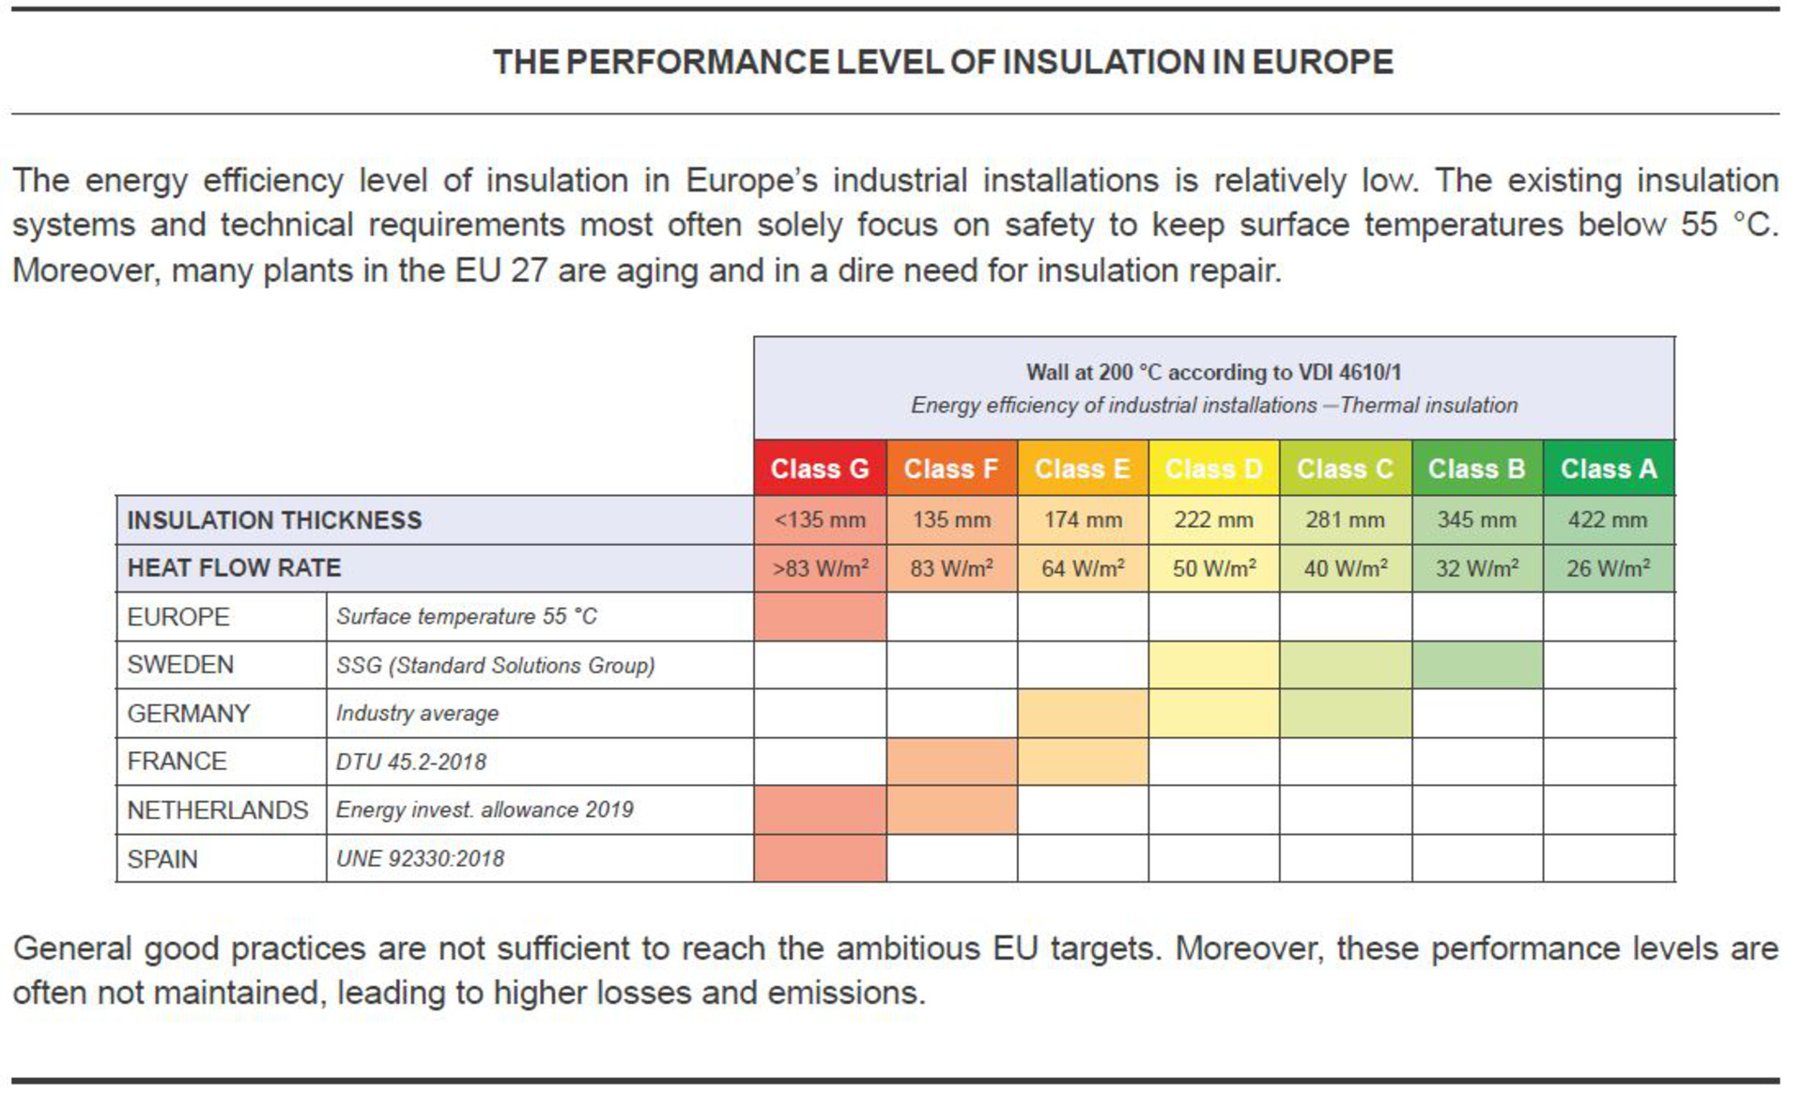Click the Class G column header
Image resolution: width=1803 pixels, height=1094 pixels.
coord(820,468)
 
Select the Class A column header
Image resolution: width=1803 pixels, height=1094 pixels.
coord(1609,468)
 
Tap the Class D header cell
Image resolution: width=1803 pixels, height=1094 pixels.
coord(1213,468)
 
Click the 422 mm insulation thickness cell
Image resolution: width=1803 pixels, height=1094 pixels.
coord(1609,520)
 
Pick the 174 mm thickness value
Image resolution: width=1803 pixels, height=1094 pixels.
coord(1083,520)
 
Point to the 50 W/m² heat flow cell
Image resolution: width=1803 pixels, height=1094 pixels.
coord(1213,568)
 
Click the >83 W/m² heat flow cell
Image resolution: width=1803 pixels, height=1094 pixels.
coord(820,568)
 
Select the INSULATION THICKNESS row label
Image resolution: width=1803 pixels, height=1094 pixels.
coord(274,520)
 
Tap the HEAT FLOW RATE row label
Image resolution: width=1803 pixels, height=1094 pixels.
coord(234,568)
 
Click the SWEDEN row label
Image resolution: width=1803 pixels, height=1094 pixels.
coord(180,665)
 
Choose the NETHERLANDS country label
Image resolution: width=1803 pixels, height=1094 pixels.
coord(218,810)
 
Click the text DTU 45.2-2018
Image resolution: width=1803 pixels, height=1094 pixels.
coord(411,762)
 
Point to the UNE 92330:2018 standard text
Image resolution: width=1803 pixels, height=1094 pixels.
coord(420,858)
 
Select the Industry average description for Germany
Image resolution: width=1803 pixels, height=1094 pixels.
coord(417,714)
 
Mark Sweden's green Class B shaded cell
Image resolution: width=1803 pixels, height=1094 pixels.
coord(1477,665)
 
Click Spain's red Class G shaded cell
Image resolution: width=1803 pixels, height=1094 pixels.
coord(820,858)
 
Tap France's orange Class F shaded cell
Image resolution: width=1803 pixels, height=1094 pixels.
coord(951,762)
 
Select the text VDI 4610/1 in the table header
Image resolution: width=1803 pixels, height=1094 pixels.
coord(1349,372)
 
